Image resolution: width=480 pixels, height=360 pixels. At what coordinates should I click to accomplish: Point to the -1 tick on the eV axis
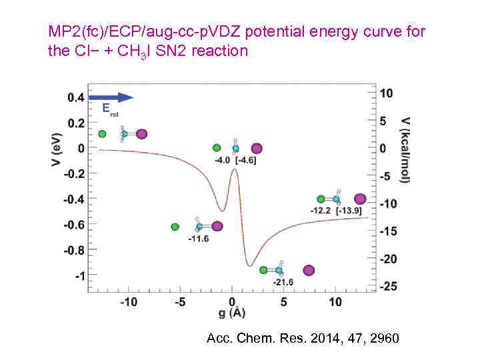tap(80, 275)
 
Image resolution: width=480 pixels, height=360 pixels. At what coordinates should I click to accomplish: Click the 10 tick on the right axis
tap(387, 93)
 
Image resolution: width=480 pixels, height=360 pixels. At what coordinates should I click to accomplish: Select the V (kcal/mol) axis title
tap(405, 149)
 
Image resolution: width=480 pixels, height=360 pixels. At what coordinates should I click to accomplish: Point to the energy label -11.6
tap(199, 238)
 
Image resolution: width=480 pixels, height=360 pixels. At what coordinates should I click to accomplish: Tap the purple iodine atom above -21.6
tap(309, 270)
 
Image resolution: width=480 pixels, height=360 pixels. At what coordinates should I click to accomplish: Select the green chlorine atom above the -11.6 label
tap(175, 227)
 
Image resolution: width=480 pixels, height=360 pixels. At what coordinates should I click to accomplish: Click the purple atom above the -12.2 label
tap(360, 199)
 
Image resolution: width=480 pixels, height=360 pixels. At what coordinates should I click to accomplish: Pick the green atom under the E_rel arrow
tap(102, 134)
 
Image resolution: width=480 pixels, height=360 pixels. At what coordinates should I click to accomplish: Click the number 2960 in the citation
tap(385, 339)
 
